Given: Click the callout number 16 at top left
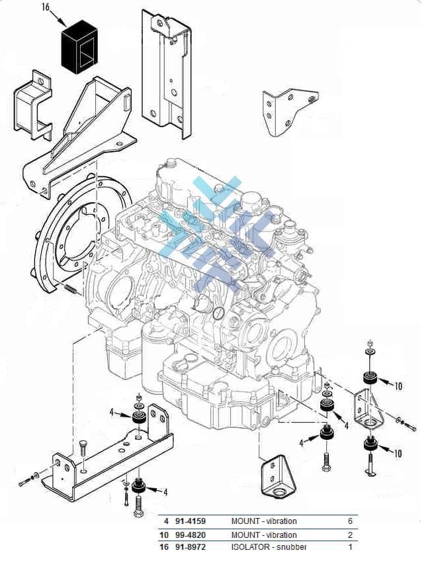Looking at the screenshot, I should [46, 8].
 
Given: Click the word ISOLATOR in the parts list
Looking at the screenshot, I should [249, 547].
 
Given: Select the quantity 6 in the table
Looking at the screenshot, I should [350, 521].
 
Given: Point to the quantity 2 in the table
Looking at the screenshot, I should [350, 535].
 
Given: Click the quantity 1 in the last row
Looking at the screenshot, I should [350, 547].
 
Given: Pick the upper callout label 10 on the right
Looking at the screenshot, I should [398, 386].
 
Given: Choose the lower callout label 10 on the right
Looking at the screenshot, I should [398, 454].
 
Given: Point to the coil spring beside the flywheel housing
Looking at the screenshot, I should [71, 289].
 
